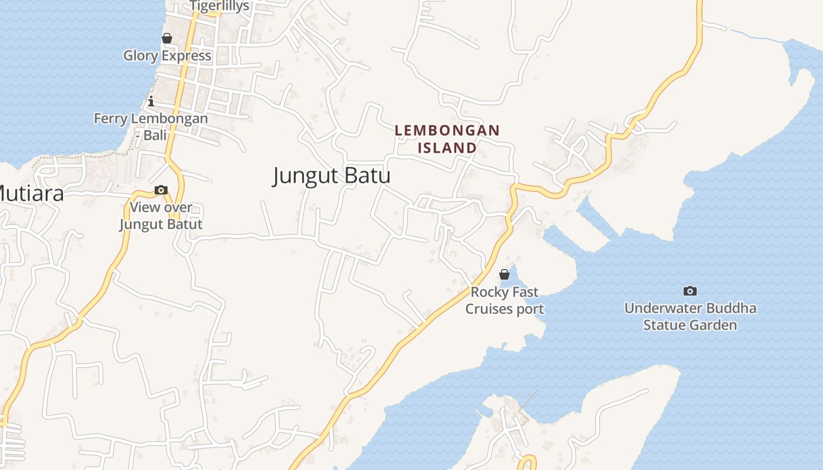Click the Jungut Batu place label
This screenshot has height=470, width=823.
pos(332,176)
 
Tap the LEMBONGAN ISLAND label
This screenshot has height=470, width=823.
pos(447,139)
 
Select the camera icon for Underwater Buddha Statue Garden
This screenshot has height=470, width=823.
pos(690,291)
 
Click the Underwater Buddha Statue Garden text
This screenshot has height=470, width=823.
pos(690,317)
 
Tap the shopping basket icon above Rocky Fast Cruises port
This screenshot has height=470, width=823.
pos(504,274)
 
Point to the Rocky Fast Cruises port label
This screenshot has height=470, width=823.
pos(504,300)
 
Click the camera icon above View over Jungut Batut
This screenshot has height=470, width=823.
pos(160,190)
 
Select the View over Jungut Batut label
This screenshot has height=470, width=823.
pos(161,216)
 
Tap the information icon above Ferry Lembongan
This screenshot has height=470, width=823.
pos(151,101)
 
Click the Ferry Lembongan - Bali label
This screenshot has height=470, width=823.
pos(151,126)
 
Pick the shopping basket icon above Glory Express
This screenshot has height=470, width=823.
pos(167,38)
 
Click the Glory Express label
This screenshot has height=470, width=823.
pos(167,56)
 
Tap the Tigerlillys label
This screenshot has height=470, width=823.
pos(219,6)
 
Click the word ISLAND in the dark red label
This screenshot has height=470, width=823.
pos(447,147)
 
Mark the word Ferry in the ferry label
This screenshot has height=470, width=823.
pos(111,119)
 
